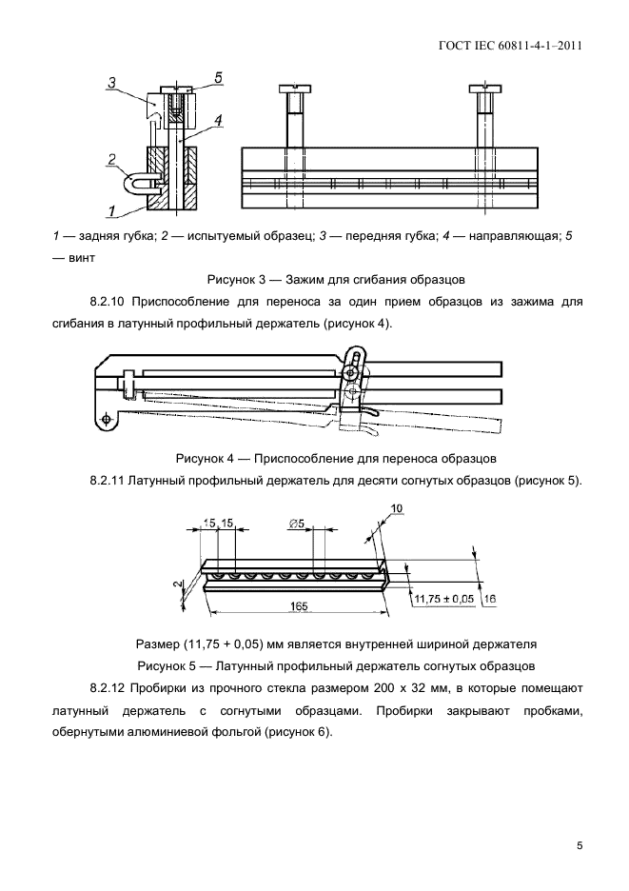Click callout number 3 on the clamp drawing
(112, 84)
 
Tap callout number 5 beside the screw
(218, 76)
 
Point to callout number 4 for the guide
(218, 121)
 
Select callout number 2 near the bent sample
(112, 160)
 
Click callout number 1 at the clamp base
(112, 210)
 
